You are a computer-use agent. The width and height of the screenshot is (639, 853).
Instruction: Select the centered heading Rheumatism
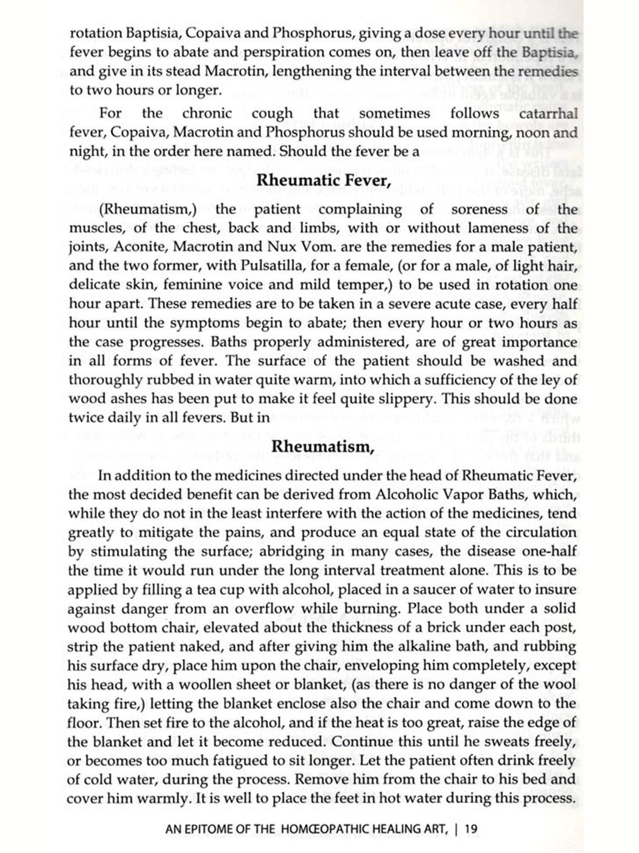(x=323, y=447)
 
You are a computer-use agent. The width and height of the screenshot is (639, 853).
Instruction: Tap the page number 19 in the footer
(x=471, y=829)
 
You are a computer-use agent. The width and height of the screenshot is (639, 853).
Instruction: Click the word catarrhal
(x=548, y=113)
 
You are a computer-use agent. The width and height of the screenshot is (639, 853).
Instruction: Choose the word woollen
(x=213, y=685)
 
